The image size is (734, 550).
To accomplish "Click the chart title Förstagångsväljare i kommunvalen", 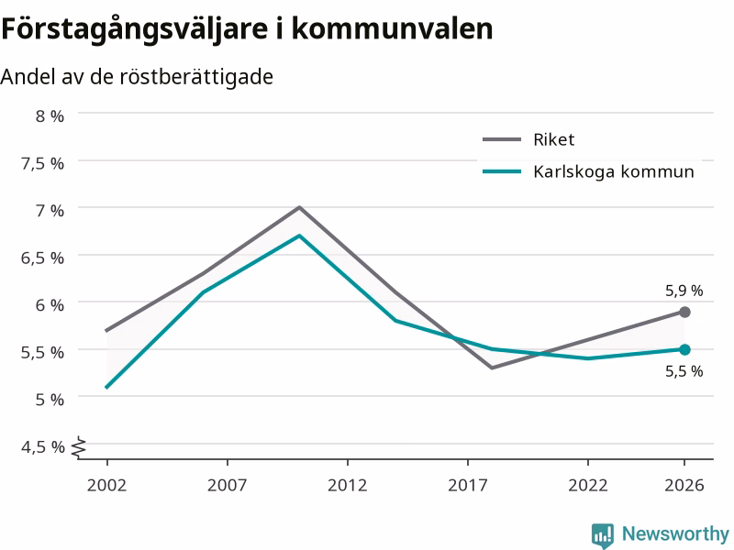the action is pos(247,29).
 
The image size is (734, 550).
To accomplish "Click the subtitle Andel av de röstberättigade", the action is pos(137,77).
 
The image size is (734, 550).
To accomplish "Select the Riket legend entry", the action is pos(528,139).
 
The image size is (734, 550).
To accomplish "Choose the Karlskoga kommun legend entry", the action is pos(588,171).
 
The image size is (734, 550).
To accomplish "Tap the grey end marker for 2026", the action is pos(684,312).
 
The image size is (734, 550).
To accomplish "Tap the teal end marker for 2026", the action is pos(684,349).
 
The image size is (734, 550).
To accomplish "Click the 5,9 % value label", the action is pos(684,291).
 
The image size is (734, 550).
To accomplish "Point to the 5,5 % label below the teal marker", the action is pos(684,371).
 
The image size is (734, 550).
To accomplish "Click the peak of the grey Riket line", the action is pos(299,207).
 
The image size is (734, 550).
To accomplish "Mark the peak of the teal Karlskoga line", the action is pos(299,236).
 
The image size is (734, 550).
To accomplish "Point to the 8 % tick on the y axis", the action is pos(50,116).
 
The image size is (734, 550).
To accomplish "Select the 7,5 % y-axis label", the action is pos(42,164).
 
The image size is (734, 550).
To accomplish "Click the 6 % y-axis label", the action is pos(50,305).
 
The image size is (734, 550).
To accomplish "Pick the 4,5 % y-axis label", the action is pos(42,447).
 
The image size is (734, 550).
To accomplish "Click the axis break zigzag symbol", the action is pos(79,447).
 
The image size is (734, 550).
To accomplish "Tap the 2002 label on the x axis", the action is pos(106,485).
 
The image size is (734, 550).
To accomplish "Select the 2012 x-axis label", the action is pos(348,485).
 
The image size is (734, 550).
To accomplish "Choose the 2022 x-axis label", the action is pos(588,485).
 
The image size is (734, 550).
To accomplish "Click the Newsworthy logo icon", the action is pos(603,535).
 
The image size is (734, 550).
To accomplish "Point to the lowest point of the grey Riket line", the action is pos(492,368).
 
